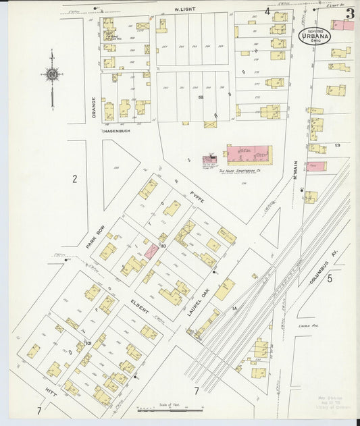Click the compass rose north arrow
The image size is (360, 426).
coord(52,74)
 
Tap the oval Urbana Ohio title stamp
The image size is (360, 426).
coord(315,35)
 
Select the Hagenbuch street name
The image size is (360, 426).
coord(115,132)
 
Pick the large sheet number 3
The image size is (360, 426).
coord(350,13)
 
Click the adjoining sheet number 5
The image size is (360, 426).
coord(329,277)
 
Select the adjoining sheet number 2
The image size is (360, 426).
coord(75,179)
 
